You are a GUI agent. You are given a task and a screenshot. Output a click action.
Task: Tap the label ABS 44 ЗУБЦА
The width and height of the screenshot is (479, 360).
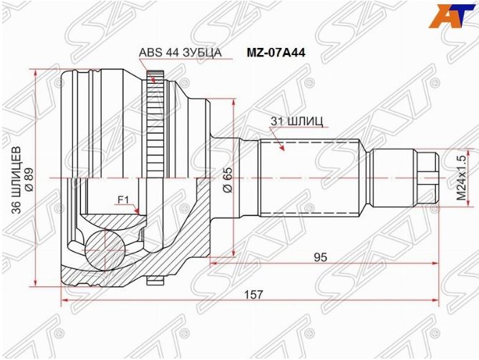[180, 53]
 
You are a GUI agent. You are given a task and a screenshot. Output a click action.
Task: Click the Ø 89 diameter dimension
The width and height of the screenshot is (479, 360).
[30, 178]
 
